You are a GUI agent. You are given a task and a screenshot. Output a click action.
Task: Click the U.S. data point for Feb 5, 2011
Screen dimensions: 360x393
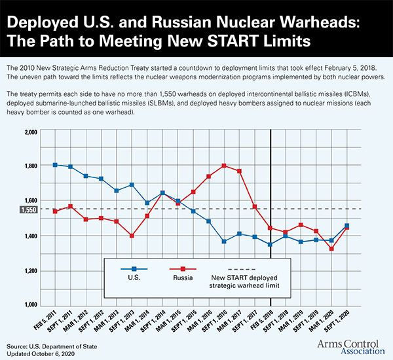click(x=55, y=165)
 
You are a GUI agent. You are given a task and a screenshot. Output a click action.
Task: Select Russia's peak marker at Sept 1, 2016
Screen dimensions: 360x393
click(x=225, y=166)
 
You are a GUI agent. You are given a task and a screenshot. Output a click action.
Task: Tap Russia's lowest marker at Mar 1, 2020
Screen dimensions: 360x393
click(x=331, y=249)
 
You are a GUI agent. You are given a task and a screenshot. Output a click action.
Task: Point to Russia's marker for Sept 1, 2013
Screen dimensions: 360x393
click(x=132, y=236)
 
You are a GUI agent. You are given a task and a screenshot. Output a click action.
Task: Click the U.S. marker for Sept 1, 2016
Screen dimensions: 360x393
click(x=225, y=242)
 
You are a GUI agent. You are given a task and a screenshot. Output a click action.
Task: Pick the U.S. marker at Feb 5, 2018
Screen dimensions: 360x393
click(x=271, y=245)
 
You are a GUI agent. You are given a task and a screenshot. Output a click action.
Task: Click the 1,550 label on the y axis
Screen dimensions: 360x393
click(x=30, y=209)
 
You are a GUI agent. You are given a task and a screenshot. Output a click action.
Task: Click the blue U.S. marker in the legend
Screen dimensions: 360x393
click(x=134, y=269)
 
